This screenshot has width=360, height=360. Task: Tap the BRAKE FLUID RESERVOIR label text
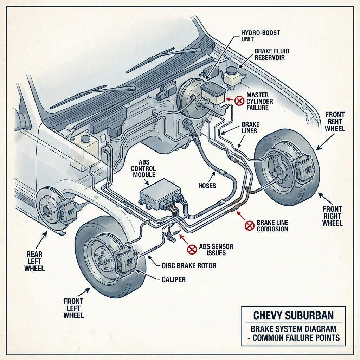point(272,54)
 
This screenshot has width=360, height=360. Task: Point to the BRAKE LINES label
point(250,128)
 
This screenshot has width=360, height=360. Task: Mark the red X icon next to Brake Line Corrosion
point(249,225)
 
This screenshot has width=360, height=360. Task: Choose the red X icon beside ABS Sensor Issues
point(192,249)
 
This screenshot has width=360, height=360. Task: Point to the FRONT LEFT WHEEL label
point(73,308)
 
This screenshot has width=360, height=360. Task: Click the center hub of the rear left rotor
point(46,211)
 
